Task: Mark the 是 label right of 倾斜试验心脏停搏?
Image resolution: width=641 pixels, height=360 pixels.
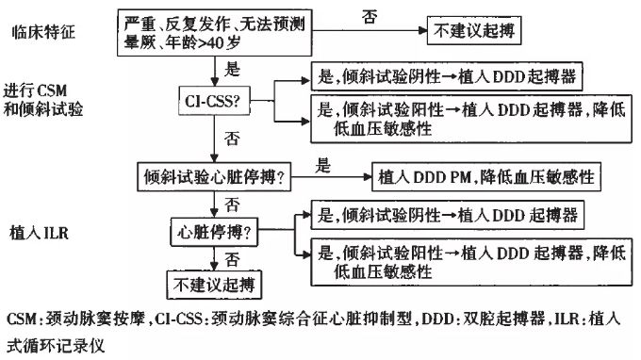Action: (323, 166)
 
